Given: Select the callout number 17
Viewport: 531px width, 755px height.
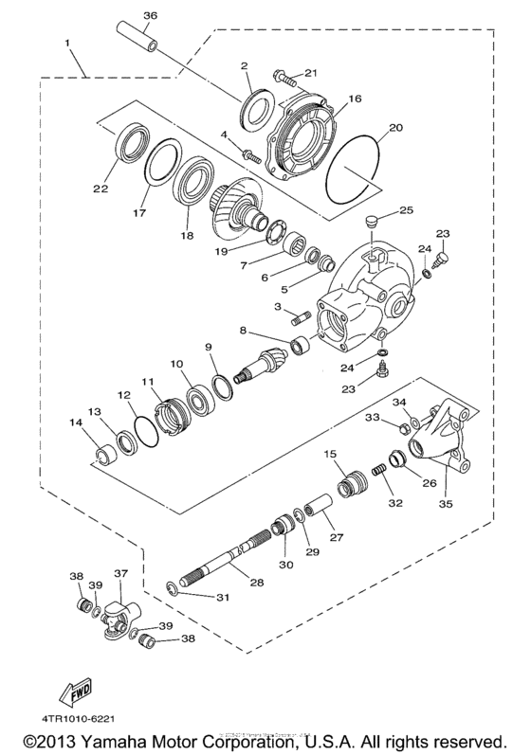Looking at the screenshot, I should (137, 213).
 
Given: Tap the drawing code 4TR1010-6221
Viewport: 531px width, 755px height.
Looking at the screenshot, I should (87, 721).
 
